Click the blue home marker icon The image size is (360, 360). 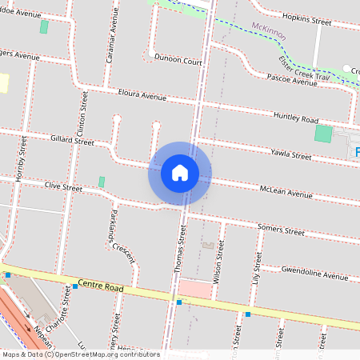click(x=180, y=173)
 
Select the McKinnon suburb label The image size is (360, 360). click(x=269, y=30)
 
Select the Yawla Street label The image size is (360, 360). click(x=290, y=153)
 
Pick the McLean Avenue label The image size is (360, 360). click(x=286, y=193)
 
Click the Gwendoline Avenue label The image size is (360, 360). click(x=314, y=272)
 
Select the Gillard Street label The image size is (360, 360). click(x=72, y=141)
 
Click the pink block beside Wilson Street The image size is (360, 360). click(x=194, y=289)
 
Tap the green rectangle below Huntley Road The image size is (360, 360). click(x=323, y=134)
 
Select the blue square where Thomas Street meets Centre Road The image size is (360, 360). click(x=179, y=302)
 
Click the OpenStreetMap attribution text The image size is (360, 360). click(x=80, y=354)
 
